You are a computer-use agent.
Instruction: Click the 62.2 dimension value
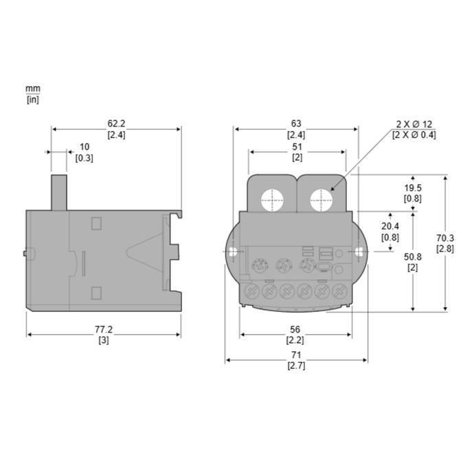[116, 124]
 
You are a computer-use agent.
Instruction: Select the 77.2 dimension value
[104, 330]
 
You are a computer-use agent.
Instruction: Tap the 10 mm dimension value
[85, 146]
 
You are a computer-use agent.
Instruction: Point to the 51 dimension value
[297, 146]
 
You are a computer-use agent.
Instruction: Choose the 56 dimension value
[295, 330]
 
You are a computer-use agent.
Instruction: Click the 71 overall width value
[296, 355]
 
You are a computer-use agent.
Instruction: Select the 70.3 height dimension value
[445, 238]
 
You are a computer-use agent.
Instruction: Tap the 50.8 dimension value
[412, 256]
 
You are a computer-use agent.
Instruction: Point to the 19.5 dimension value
[412, 188]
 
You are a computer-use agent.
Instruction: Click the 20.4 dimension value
[390, 226]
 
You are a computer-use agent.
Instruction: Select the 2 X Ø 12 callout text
[414, 124]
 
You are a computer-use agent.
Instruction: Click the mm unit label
[32, 89]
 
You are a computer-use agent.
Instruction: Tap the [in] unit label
[32, 99]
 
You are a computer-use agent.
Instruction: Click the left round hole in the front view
[271, 201]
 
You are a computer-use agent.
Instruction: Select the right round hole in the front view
[321, 201]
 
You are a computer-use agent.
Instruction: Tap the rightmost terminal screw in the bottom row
[338, 291]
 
